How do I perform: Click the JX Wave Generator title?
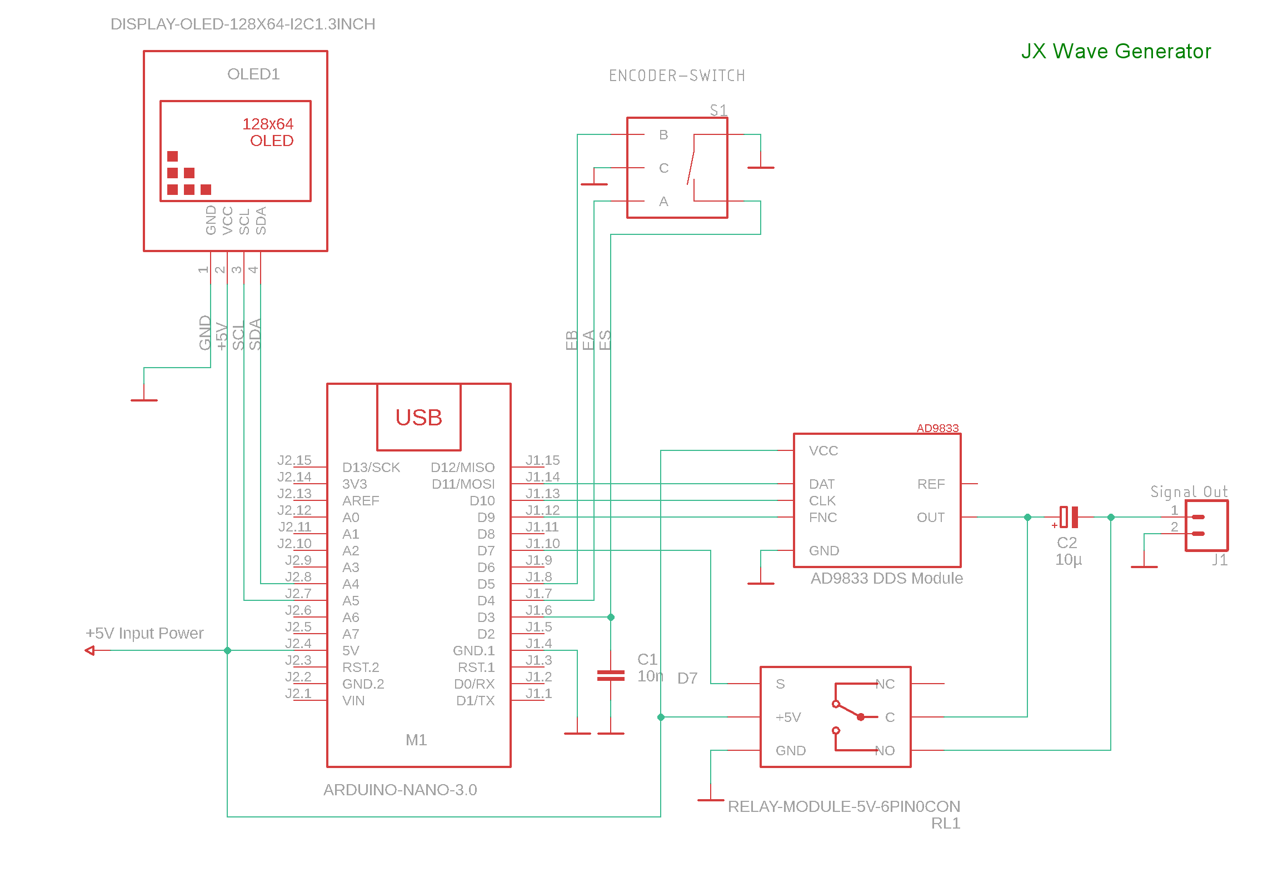1115,51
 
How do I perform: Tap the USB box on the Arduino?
418,417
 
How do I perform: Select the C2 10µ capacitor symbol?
1069,517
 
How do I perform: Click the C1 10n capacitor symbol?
611,675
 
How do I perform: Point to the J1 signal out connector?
1206,525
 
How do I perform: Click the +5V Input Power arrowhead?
90,650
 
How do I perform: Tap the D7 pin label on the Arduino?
486,551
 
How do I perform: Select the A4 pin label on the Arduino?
351,584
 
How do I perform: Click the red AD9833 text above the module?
937,428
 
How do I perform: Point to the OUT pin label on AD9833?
931,518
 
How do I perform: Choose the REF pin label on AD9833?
931,484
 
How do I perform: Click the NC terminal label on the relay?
885,684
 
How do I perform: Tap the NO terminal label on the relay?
885,751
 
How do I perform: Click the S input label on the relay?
780,684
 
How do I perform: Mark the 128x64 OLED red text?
268,132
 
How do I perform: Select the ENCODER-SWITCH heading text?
677,76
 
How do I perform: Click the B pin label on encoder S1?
663,135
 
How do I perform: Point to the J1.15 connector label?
542,460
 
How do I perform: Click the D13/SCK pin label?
371,468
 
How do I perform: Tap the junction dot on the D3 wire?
611,617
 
